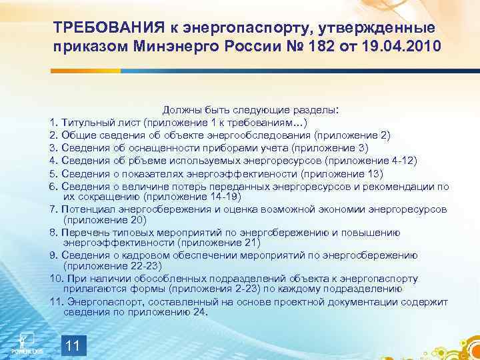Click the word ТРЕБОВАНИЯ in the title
coord(106,28)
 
